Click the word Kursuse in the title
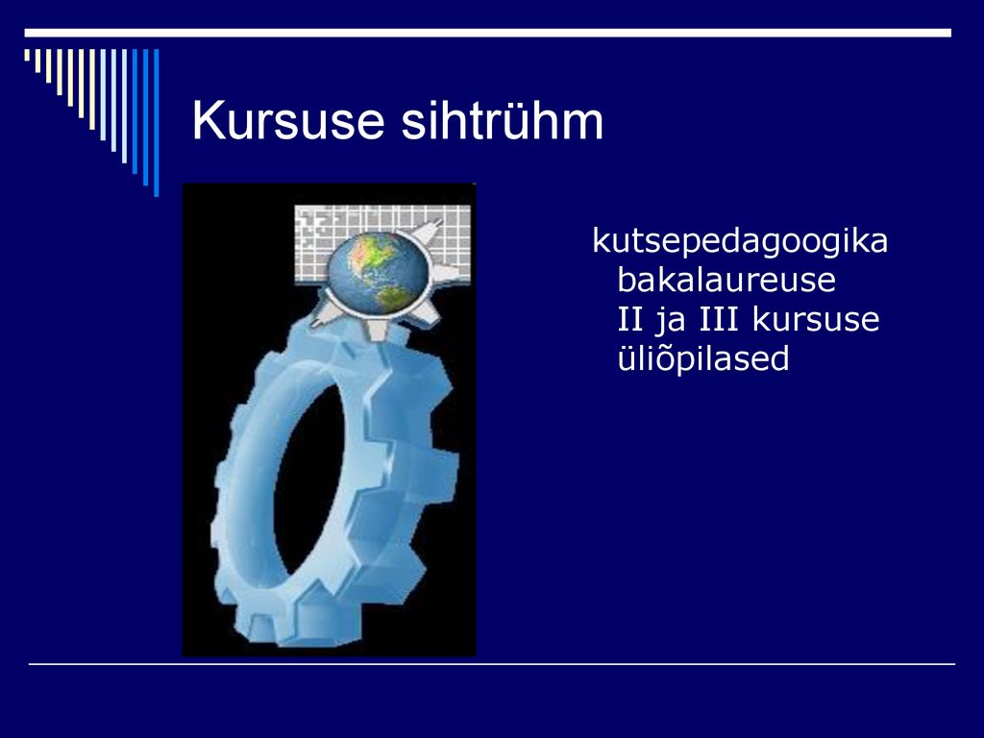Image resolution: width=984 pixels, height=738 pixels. point(287,120)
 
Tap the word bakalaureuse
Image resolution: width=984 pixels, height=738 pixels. point(726,280)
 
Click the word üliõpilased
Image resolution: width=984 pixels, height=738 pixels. point(702,358)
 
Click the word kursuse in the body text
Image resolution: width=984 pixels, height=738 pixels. point(815,319)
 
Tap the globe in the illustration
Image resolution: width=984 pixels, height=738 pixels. point(376,272)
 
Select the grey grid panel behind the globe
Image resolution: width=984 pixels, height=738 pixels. point(382,242)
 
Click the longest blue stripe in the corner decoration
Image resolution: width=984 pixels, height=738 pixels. point(157,122)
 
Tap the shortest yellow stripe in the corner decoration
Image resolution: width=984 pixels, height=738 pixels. point(27,55)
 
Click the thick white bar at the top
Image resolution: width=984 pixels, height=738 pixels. point(487,33)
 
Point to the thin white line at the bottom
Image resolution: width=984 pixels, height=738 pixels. point(492,663)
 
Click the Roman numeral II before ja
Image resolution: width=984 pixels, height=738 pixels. point(630,319)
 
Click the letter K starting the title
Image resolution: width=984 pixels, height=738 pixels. point(209,120)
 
